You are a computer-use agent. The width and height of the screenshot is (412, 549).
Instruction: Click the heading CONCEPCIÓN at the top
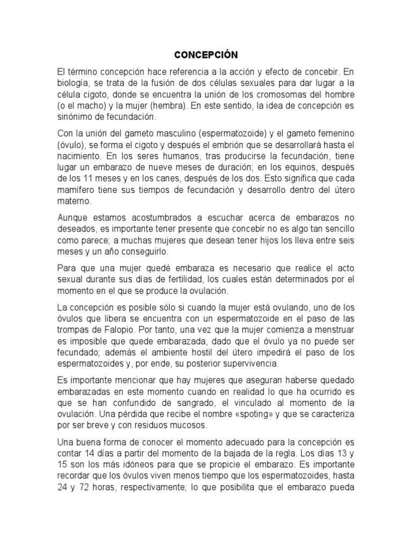click(x=205, y=55)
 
